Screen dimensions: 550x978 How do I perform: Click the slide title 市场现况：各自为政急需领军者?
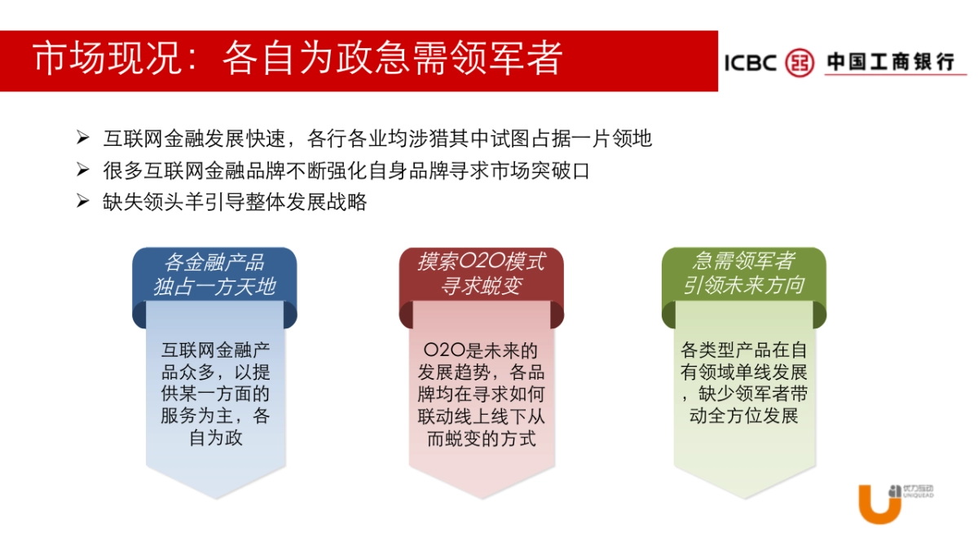[297, 59]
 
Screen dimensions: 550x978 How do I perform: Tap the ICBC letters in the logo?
[751, 63]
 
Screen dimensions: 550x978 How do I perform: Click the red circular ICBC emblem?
[800, 63]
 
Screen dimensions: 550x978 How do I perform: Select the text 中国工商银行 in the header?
[890, 62]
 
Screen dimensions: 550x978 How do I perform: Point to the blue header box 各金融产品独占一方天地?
[214, 274]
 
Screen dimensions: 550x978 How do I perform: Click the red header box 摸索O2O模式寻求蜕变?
[481, 274]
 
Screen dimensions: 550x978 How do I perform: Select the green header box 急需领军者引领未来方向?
[743, 274]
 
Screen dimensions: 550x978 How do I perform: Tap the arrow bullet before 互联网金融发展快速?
[82, 139]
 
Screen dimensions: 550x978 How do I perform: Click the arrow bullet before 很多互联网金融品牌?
[82, 170]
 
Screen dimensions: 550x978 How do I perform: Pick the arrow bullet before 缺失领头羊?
[82, 201]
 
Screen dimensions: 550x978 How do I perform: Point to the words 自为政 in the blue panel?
[216, 438]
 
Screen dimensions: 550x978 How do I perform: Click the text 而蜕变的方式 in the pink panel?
[481, 438]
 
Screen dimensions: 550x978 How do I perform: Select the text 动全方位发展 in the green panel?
[743, 416]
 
